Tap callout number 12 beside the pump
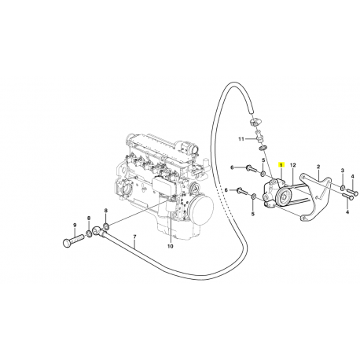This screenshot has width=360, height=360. pyautogui.click(x=292, y=167)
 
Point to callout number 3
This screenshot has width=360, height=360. pyautogui.click(x=343, y=171)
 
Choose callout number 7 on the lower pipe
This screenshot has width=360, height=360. pyautogui.click(x=134, y=237)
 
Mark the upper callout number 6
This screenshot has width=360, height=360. pyautogui.click(x=232, y=167)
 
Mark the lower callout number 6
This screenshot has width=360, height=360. pyautogui.click(x=226, y=190)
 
